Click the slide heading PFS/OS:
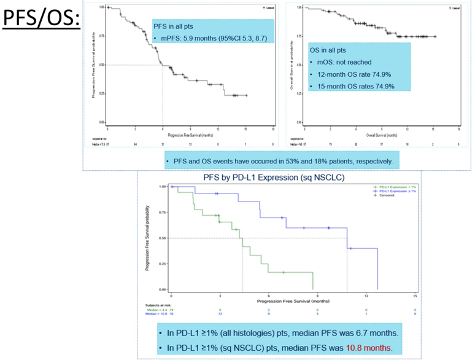click(41, 20)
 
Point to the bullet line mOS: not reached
click(344, 62)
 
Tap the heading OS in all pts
click(332, 50)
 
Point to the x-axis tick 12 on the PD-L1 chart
click(366, 296)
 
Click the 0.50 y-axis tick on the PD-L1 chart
click(163, 238)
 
